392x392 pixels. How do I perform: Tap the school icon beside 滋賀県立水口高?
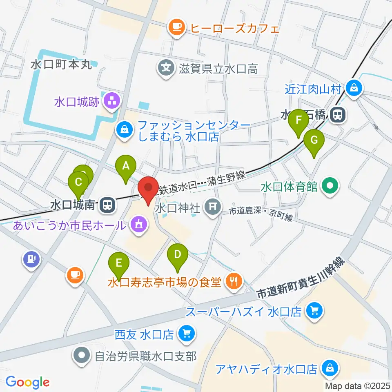tap(166, 67)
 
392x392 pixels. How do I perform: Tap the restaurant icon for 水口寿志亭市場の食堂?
tap(234, 281)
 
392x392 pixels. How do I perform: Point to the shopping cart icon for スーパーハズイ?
tap(314, 312)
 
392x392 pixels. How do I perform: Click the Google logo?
tap(27, 382)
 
